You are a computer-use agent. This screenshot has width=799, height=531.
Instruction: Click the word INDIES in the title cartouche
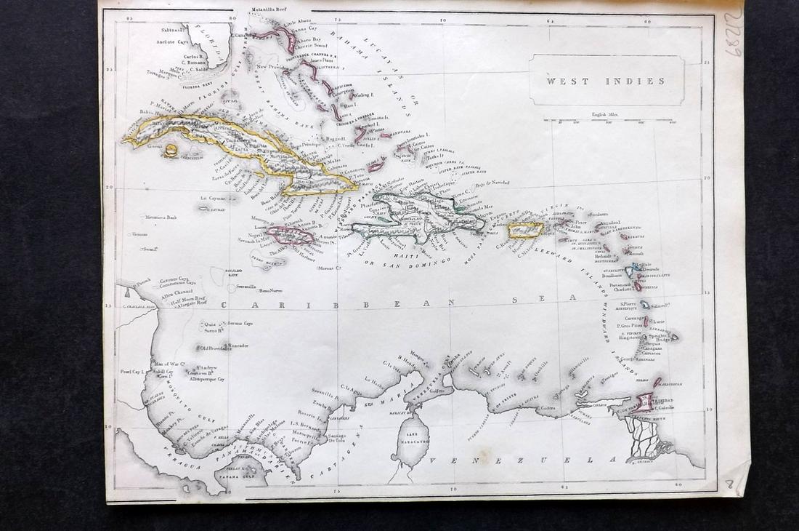tap(630, 81)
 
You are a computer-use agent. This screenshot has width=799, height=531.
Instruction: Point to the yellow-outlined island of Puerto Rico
tap(526, 230)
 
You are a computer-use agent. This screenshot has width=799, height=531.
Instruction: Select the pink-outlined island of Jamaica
tap(290, 236)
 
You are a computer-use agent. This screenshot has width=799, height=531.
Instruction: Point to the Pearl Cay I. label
tap(134, 372)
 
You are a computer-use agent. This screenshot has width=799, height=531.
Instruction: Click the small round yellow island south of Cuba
tap(171, 151)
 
